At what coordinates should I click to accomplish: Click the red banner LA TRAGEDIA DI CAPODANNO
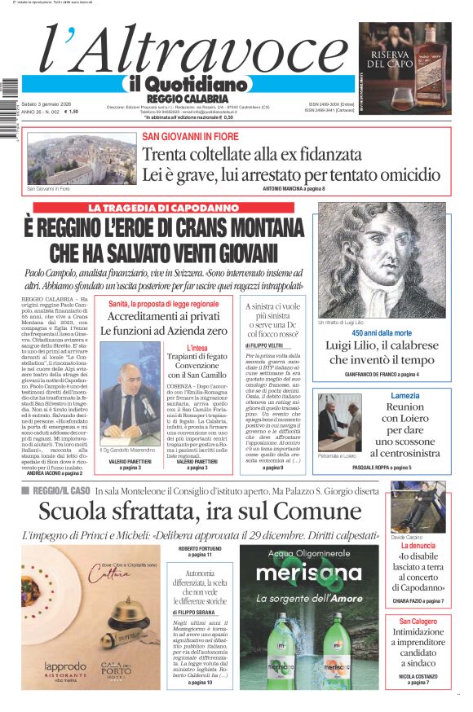coord(163,208)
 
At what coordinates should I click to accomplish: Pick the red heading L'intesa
coord(197,348)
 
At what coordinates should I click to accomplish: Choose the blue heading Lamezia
coord(404,395)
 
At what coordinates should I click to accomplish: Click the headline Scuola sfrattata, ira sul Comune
coord(197,512)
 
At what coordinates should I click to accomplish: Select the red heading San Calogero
coord(418,621)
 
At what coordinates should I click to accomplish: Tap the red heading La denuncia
coord(418,545)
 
